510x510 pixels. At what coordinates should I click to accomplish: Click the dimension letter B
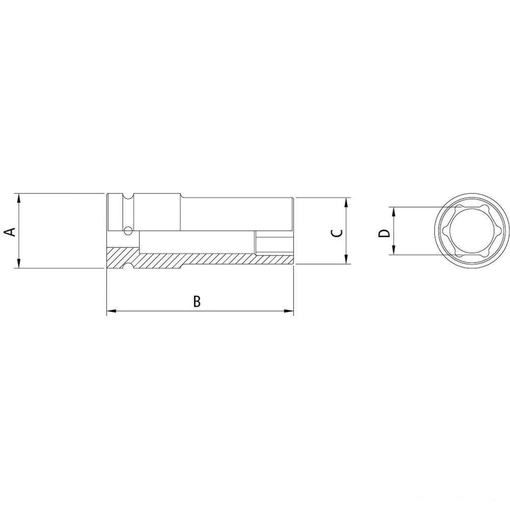pos(197,301)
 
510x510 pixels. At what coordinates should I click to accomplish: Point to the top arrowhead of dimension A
pos(19,197)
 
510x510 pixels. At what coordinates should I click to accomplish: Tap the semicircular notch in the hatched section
pos(127,266)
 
